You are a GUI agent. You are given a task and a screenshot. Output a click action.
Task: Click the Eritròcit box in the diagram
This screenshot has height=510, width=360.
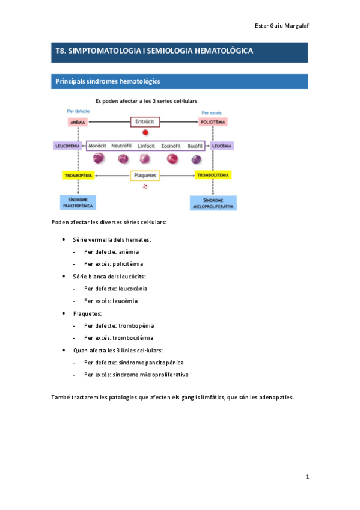pyautogui.click(x=146, y=121)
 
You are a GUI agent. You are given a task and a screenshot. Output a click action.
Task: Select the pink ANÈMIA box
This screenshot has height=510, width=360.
pyautogui.click(x=78, y=121)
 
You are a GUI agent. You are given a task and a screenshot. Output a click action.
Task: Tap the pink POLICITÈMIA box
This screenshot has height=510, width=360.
pyautogui.click(x=212, y=121)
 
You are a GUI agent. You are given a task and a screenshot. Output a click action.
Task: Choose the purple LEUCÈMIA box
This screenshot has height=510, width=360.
pyautogui.click(x=221, y=146)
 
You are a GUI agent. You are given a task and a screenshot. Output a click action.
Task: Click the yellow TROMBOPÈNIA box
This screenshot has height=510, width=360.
pyautogui.click(x=78, y=175)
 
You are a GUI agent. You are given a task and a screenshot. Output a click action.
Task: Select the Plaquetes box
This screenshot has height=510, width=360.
pyautogui.click(x=145, y=176)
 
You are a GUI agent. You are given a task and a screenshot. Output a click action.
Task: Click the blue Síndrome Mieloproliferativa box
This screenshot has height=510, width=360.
pyautogui.click(x=213, y=203)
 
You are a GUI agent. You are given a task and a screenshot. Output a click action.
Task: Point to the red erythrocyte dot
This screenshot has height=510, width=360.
pyautogui.click(x=145, y=133)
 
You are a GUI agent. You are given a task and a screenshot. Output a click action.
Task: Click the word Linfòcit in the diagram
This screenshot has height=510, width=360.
pyautogui.click(x=147, y=146)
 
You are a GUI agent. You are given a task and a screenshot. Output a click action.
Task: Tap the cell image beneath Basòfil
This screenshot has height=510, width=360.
pyautogui.click(x=196, y=159)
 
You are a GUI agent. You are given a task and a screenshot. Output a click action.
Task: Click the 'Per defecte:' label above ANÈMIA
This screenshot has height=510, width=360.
pyautogui.click(x=78, y=111)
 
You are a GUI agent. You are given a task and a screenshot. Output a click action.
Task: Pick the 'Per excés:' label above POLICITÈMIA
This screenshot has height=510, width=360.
pyautogui.click(x=212, y=112)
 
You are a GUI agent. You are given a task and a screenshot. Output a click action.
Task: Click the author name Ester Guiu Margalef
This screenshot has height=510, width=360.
pyautogui.click(x=281, y=25)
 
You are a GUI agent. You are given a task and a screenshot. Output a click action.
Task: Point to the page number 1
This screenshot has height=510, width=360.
pyautogui.click(x=307, y=476)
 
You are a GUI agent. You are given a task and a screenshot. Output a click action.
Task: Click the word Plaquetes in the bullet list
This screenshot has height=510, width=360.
pyautogui.click(x=88, y=313)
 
